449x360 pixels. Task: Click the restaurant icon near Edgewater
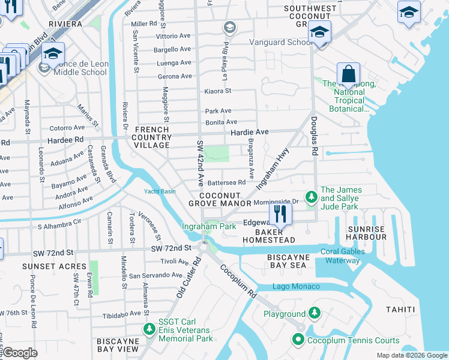(280, 213)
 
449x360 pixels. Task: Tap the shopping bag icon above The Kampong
(348, 74)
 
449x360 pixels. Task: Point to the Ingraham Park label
(209, 226)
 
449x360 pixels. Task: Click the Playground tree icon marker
(314, 313)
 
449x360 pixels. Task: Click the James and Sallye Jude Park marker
(310, 197)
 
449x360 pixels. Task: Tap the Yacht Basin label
(160, 191)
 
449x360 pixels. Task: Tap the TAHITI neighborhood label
(400, 310)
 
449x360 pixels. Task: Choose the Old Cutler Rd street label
(189, 278)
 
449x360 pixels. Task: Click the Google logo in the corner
(20, 352)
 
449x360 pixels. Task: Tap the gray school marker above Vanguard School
(229, 27)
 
